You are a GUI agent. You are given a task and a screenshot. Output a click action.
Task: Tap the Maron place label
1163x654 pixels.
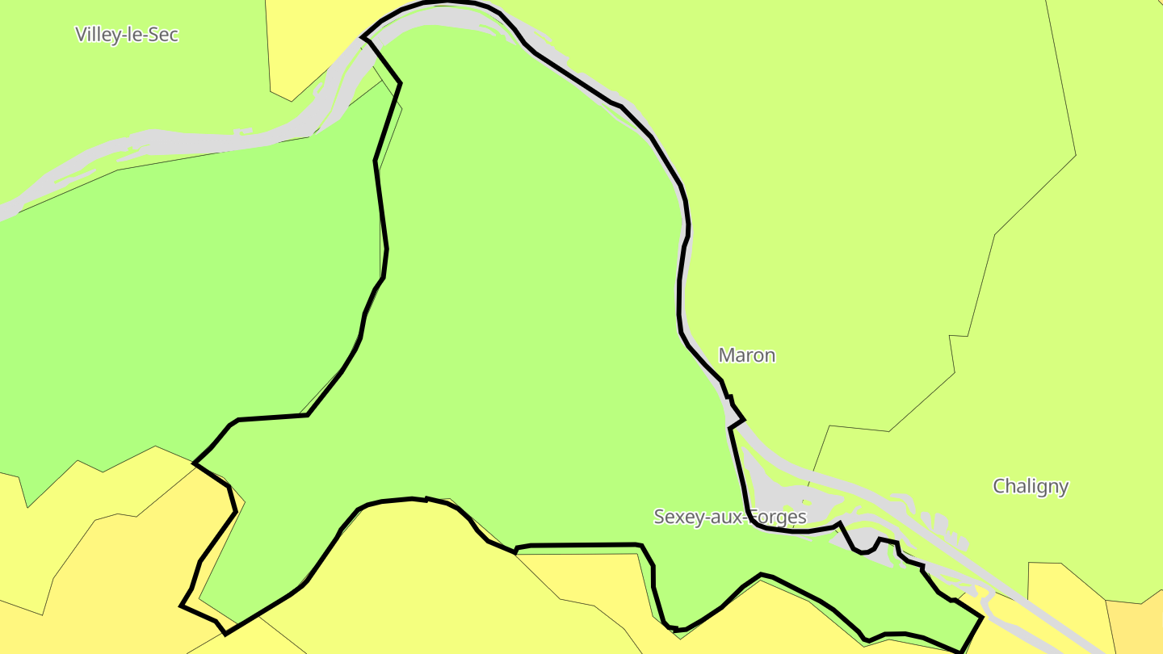point(746,355)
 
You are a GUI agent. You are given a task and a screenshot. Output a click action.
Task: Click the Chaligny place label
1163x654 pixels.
point(1030,486)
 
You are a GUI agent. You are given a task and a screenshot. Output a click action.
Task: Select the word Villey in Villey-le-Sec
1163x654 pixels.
point(99,35)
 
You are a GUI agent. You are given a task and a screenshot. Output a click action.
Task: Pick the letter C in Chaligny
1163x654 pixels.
point(999,486)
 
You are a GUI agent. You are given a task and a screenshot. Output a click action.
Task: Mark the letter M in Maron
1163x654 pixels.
point(726,355)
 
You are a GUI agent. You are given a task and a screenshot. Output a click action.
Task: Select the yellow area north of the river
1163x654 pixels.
point(307,40)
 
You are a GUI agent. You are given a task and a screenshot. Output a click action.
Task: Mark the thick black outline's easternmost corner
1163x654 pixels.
point(982,618)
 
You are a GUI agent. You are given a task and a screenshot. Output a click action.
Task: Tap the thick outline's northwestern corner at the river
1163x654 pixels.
point(362,37)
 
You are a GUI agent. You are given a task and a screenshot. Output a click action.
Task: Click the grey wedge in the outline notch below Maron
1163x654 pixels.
point(733,417)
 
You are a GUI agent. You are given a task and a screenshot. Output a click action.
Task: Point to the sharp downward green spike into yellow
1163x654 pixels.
point(27,505)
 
